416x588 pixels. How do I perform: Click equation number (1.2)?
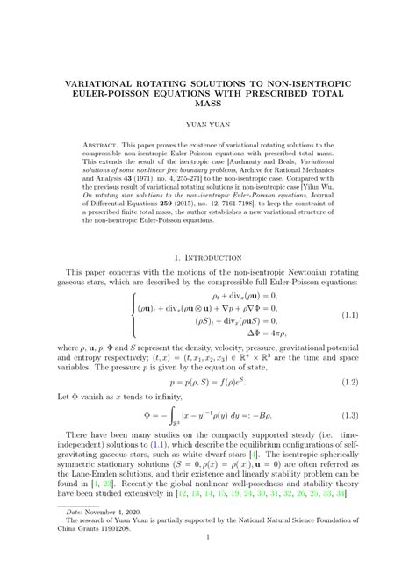point(350,406)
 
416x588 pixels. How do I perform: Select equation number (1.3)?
point(350,440)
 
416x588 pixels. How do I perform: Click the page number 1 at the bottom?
point(208,563)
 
